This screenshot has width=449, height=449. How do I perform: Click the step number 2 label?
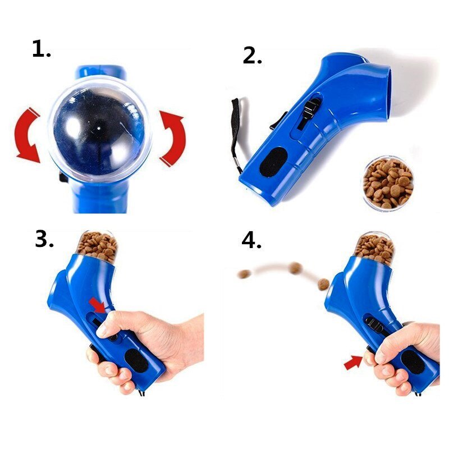(x=252, y=55)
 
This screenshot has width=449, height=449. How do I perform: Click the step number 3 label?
(x=44, y=240)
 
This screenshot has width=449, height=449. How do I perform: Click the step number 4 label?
(x=252, y=240)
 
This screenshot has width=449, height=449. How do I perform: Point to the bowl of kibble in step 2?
(x=388, y=183)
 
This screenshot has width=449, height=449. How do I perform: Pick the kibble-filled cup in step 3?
(x=97, y=247)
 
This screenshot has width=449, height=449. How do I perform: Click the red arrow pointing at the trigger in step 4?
(x=353, y=363)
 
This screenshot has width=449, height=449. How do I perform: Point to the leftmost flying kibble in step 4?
(x=244, y=274)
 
